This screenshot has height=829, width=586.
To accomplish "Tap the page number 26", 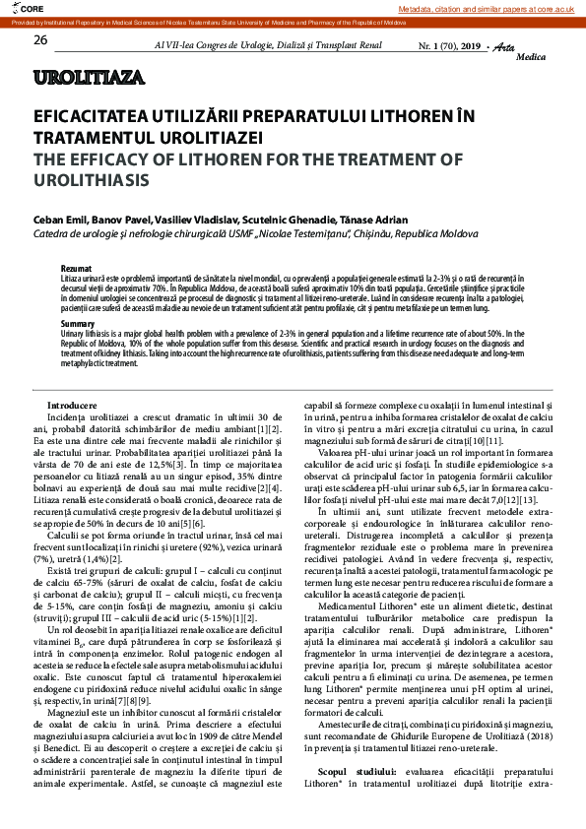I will (x=40, y=40).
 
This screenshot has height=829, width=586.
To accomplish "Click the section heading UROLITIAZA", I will (x=88, y=77).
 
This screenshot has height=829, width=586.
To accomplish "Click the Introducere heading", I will (x=72, y=406).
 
